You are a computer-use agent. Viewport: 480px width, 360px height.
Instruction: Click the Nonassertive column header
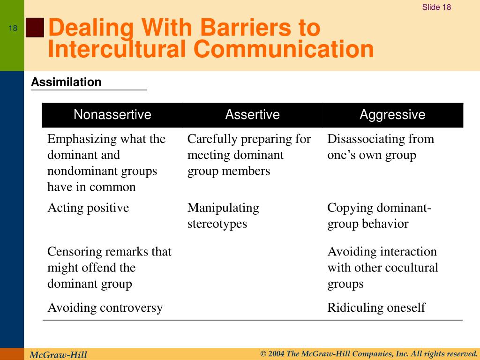click(x=112, y=114)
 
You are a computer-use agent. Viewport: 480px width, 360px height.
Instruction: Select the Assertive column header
click(x=253, y=114)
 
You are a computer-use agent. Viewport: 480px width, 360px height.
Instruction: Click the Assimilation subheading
click(x=66, y=82)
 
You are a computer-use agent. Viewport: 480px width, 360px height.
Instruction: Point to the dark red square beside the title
click(x=35, y=28)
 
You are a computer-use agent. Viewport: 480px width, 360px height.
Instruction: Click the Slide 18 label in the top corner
click(x=436, y=7)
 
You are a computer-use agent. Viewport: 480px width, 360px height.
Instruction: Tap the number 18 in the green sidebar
click(x=13, y=28)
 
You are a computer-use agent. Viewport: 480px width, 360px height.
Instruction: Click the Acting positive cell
click(x=88, y=208)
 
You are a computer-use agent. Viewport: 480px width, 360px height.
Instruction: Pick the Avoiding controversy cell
click(x=105, y=307)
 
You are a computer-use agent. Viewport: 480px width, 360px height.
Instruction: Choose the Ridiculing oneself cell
click(x=376, y=307)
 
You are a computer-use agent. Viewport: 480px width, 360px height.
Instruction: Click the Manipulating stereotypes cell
click(x=223, y=216)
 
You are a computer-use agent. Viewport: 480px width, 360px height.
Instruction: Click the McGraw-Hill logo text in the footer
click(x=58, y=355)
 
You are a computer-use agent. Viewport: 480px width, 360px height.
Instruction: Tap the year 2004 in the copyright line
click(x=276, y=354)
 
